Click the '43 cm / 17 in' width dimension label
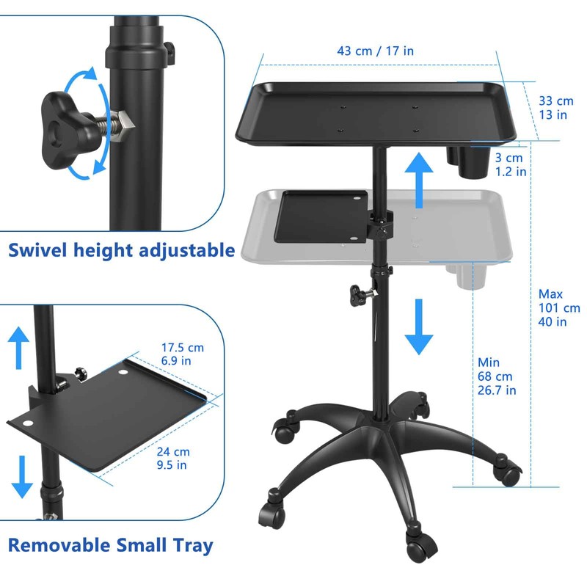coord(375,51)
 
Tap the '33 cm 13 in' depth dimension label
coord(555,107)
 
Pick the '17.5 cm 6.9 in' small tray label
coord(184,354)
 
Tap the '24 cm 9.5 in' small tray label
coord(174,458)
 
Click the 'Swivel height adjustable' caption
coord(122,250)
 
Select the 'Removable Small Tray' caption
coord(111,545)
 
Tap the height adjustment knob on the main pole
coord(358,294)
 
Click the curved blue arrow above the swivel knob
coord(80,81)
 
